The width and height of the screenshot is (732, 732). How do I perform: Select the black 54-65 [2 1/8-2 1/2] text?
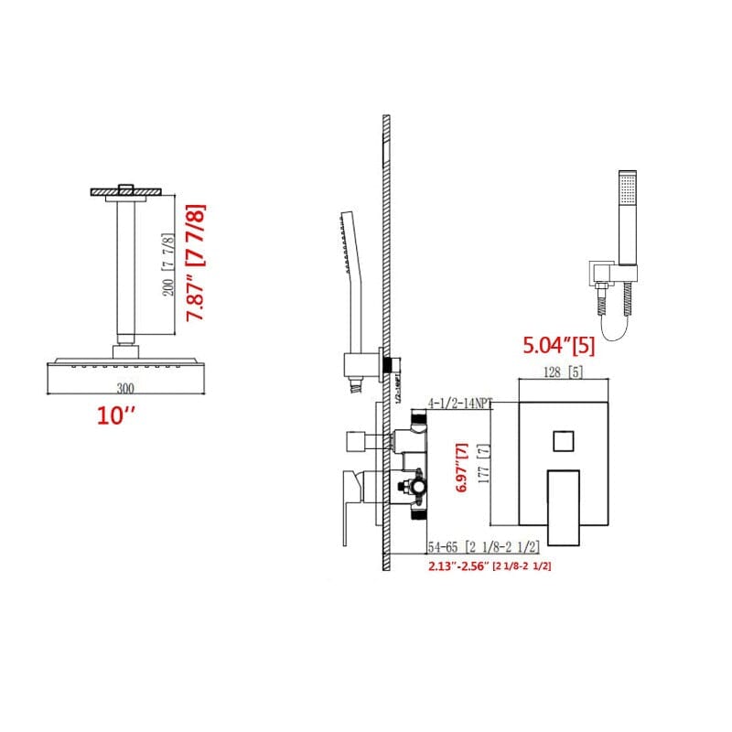pos(490,548)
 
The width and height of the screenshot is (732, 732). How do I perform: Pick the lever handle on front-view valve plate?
pos(564,505)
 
